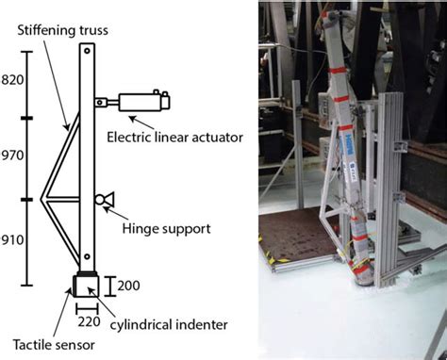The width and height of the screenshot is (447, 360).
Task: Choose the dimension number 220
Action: click(x=87, y=320)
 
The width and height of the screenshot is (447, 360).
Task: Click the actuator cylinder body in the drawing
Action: click(x=141, y=101)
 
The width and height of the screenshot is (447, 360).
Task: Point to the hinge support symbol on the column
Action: click(x=104, y=199)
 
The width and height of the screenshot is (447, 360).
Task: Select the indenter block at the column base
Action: click(x=86, y=286)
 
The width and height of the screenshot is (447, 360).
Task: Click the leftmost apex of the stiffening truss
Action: click(x=42, y=199)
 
